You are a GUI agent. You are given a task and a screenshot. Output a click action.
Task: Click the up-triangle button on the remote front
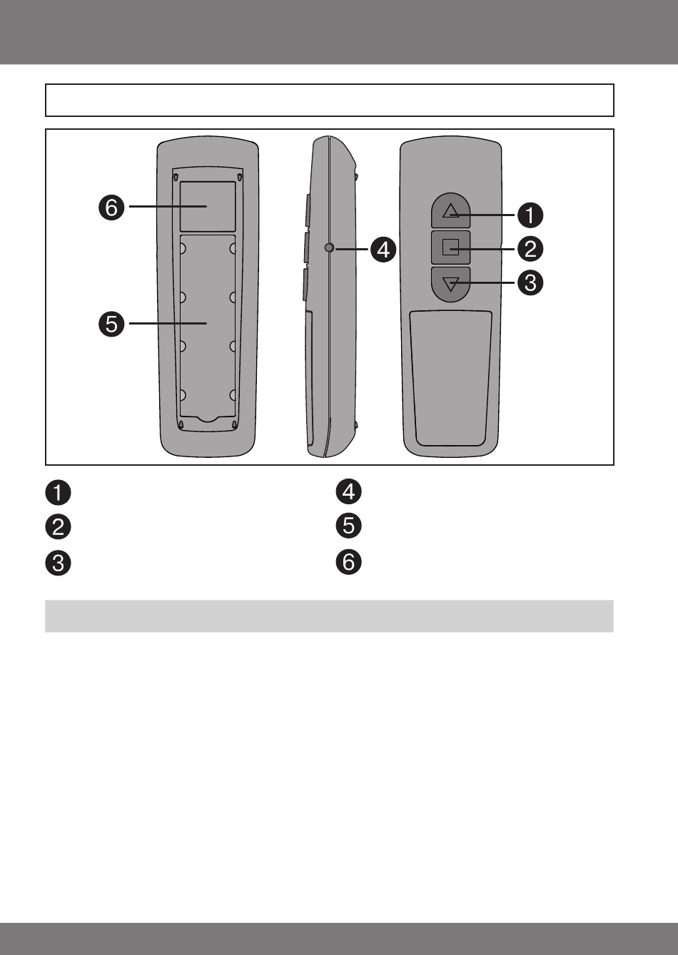(x=450, y=210)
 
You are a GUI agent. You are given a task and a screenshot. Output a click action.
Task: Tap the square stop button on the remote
(x=450, y=247)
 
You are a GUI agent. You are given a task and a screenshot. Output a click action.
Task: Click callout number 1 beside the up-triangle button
(x=530, y=215)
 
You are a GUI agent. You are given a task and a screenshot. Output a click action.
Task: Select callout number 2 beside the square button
(x=530, y=249)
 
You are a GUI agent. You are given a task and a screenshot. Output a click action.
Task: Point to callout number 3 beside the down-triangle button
(x=530, y=282)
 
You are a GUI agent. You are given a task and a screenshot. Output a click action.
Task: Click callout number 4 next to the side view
(x=383, y=250)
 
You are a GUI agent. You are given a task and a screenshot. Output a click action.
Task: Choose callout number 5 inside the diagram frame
(x=111, y=324)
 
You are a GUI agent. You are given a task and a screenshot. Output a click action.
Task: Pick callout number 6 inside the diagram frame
(x=111, y=208)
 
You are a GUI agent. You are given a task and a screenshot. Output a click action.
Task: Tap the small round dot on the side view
(x=329, y=247)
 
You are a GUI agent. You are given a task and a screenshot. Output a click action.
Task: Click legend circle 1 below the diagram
(x=58, y=492)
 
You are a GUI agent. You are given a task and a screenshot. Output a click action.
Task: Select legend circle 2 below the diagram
(x=58, y=527)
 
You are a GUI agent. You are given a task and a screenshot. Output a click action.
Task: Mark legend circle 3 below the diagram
(x=58, y=563)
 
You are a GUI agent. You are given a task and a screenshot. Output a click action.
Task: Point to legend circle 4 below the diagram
(x=348, y=491)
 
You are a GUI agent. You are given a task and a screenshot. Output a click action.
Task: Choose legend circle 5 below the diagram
(x=348, y=525)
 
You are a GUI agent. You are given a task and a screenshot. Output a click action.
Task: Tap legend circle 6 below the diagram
(x=348, y=561)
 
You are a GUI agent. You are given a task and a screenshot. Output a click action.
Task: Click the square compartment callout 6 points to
(x=208, y=207)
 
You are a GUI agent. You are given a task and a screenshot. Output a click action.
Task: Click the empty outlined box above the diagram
(x=330, y=100)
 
